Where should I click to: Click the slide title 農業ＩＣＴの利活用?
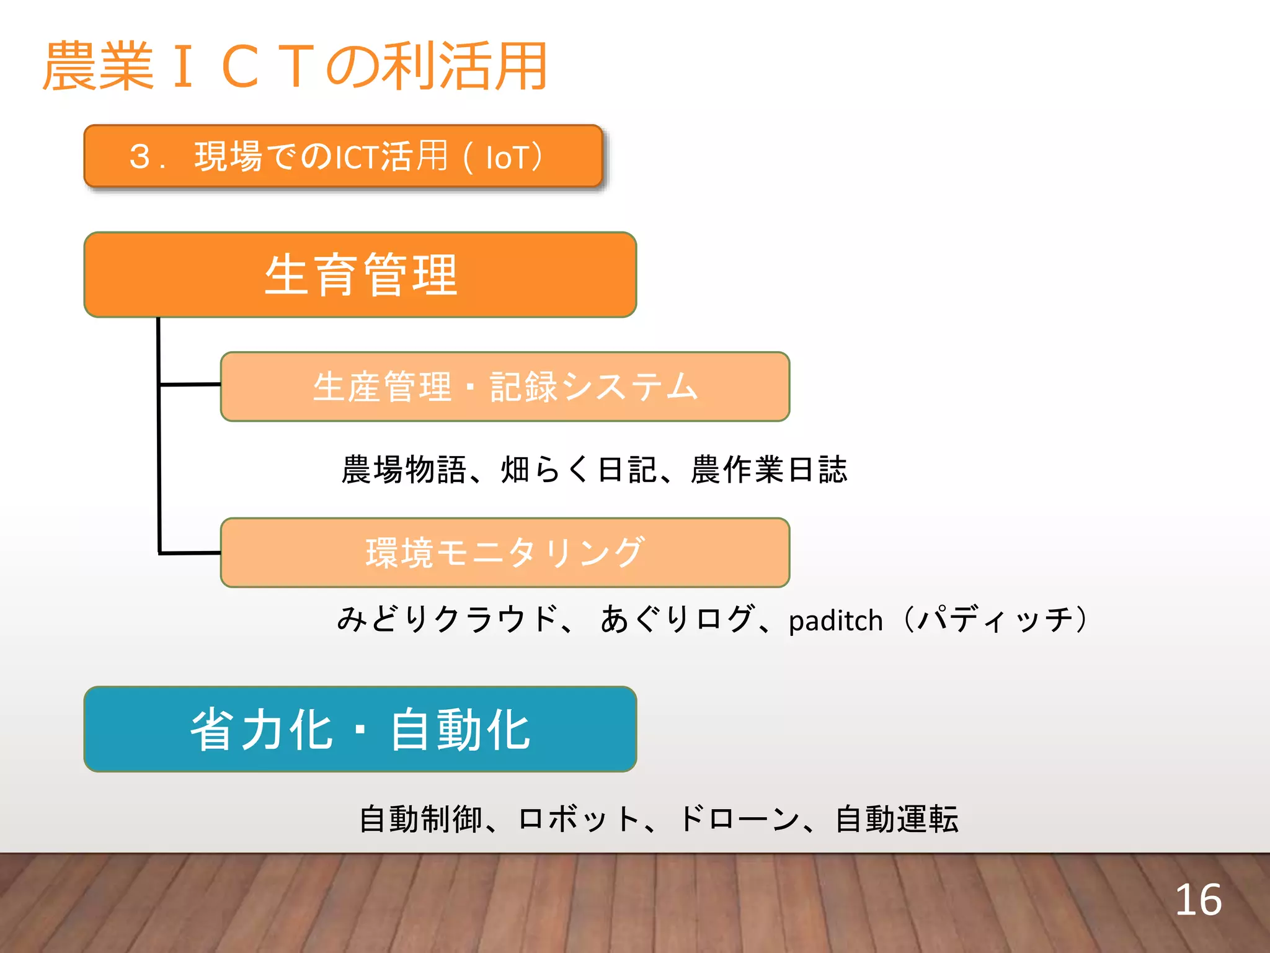[x=295, y=66]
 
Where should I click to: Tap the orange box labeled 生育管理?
[x=360, y=275]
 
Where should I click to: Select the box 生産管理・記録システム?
[x=505, y=387]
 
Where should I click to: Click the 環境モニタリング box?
[x=505, y=552]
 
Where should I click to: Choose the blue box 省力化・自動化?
[x=360, y=729]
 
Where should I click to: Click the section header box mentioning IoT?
[x=343, y=156]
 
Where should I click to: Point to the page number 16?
[x=1198, y=900]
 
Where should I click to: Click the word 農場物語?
[x=404, y=469]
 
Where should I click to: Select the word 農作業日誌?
[x=769, y=469]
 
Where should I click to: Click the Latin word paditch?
[x=835, y=621]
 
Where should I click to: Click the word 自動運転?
[x=897, y=819]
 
